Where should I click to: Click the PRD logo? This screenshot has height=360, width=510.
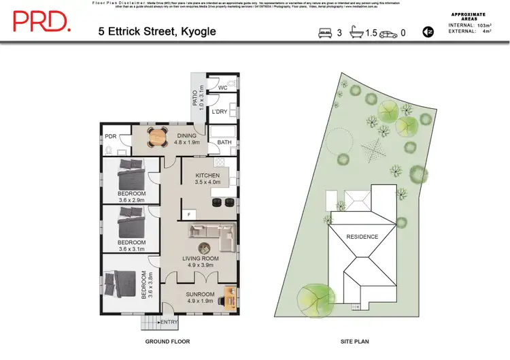point(41,22)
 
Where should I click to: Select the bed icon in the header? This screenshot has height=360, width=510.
point(324,32)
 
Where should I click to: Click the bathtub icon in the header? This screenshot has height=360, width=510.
point(357,32)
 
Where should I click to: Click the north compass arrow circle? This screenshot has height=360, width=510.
point(428,31)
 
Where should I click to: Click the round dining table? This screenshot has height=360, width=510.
point(158,137)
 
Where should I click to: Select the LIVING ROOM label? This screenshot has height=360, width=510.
point(200,259)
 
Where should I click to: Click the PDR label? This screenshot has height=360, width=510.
point(111,136)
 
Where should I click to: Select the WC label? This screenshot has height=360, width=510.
point(222,88)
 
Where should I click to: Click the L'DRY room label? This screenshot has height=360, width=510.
point(219,112)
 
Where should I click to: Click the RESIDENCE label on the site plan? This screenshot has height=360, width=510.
point(362,237)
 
